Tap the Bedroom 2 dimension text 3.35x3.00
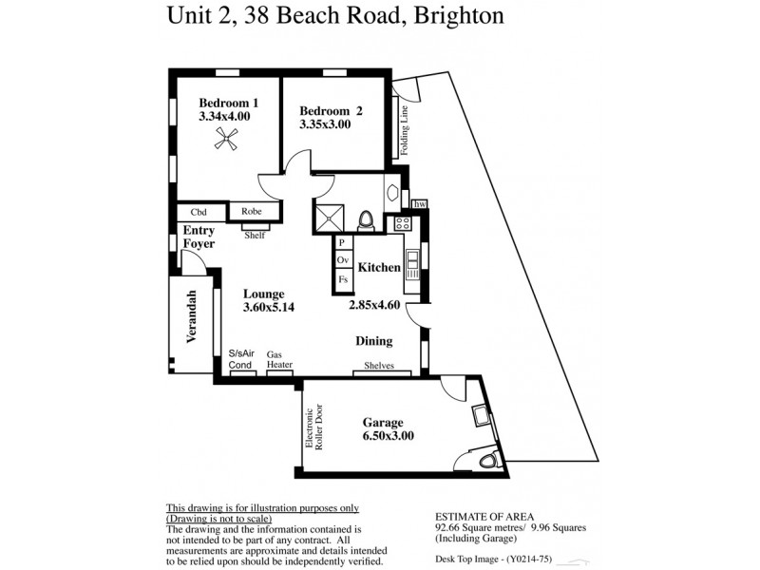pos(325,123)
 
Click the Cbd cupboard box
pos(199,213)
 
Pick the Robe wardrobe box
pos(252,213)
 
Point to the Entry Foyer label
pos(199,237)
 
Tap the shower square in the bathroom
pos(328,218)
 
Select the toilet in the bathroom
pos(365,220)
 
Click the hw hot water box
pos(418,202)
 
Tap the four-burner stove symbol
pos(402,223)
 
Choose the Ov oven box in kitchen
pos(343,260)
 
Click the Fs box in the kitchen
pos(343,279)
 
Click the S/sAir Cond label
pos(241,358)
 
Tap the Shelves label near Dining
pos(380,367)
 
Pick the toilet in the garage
pos(487,461)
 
